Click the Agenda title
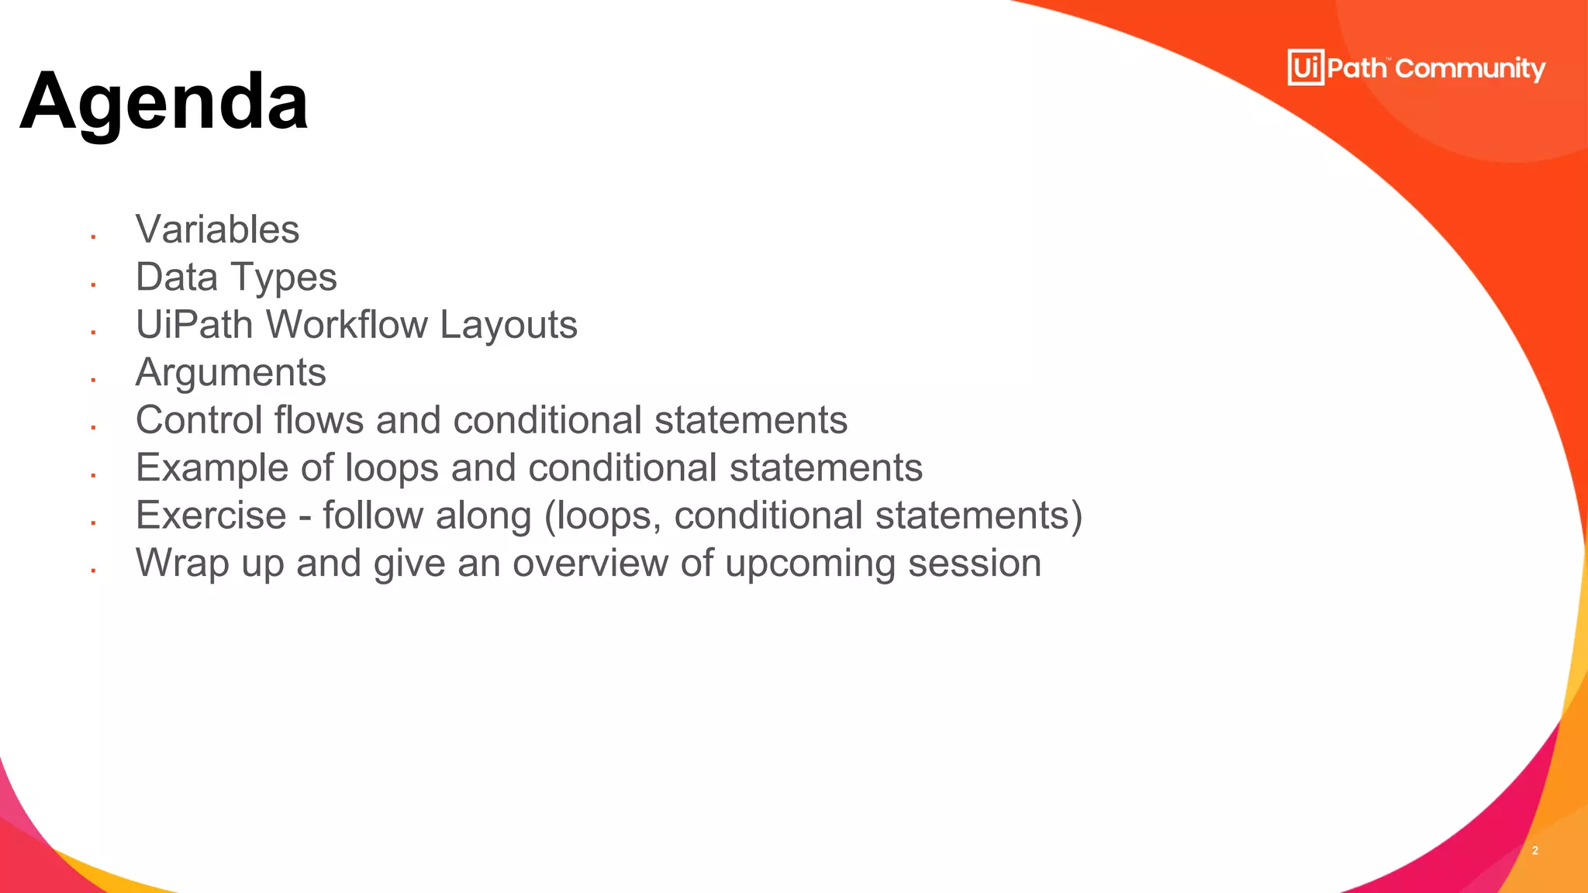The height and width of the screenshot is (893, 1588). click(x=164, y=102)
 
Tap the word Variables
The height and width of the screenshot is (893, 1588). click(x=217, y=229)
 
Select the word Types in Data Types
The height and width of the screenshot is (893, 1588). click(x=284, y=278)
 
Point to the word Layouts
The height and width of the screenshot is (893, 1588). click(x=509, y=326)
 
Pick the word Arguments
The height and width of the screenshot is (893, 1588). click(x=230, y=373)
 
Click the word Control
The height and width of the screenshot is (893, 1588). click(x=199, y=420)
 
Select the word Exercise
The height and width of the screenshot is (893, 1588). click(x=211, y=515)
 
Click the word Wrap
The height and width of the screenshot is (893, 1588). click(x=182, y=564)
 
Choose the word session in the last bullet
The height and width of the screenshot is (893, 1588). click(x=975, y=564)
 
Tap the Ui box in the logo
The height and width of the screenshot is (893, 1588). click(x=1306, y=67)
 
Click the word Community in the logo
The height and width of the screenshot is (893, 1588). click(x=1470, y=69)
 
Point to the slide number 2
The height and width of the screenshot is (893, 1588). click(x=1534, y=850)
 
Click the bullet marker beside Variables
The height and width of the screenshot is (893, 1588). click(x=93, y=236)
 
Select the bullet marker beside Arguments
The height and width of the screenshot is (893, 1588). click(x=93, y=380)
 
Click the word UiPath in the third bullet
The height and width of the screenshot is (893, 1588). click(x=194, y=326)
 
